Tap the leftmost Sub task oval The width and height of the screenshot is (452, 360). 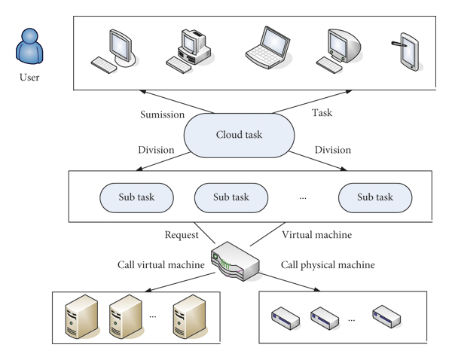(x=136, y=197)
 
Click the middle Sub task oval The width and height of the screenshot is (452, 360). (x=231, y=197)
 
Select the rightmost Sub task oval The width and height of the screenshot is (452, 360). (x=375, y=197)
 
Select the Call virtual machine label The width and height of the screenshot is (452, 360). (x=160, y=265)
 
